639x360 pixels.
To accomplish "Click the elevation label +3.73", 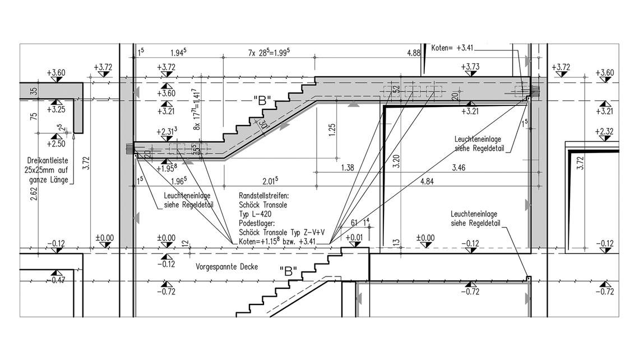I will (470, 67).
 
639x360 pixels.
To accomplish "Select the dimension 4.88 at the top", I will (414, 53).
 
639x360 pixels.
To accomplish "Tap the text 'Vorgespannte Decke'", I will (226, 267).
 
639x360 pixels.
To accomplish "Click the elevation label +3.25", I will (55, 110).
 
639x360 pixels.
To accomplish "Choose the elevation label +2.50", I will (55, 144).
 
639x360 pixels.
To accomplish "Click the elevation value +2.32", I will (605, 131).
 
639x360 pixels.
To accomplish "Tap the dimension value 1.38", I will (348, 168).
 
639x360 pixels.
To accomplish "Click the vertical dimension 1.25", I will (333, 130).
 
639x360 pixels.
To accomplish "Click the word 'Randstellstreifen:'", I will (263, 196).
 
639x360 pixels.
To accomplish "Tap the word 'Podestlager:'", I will (256, 223).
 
